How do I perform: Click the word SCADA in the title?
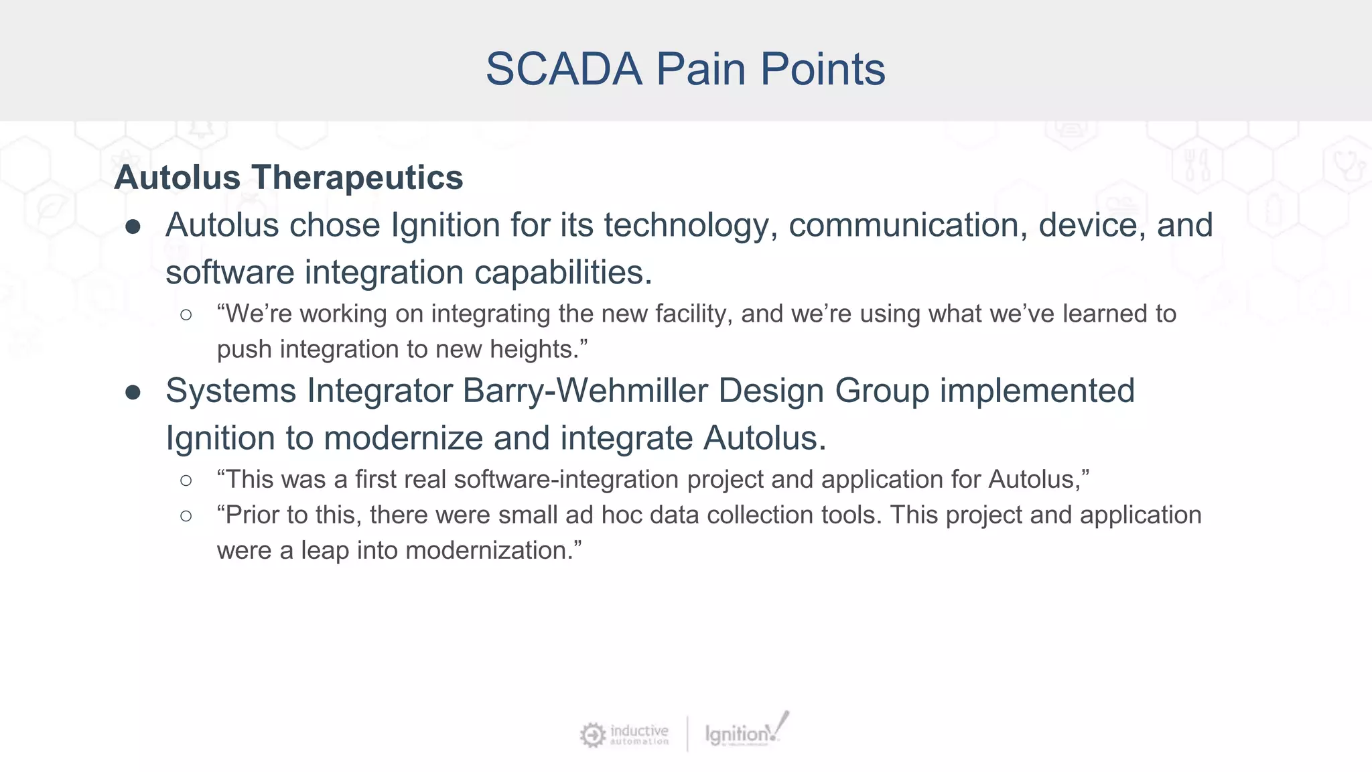tap(563, 69)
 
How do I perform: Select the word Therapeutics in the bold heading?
tap(357, 178)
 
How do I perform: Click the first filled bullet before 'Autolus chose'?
tap(133, 227)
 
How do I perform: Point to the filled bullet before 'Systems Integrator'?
tap(133, 393)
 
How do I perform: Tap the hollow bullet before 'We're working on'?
tap(186, 314)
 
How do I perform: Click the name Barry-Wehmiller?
tap(585, 391)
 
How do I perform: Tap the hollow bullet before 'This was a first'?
tap(186, 480)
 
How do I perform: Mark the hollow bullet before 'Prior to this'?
tap(186, 515)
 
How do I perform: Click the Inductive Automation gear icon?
tap(592, 734)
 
